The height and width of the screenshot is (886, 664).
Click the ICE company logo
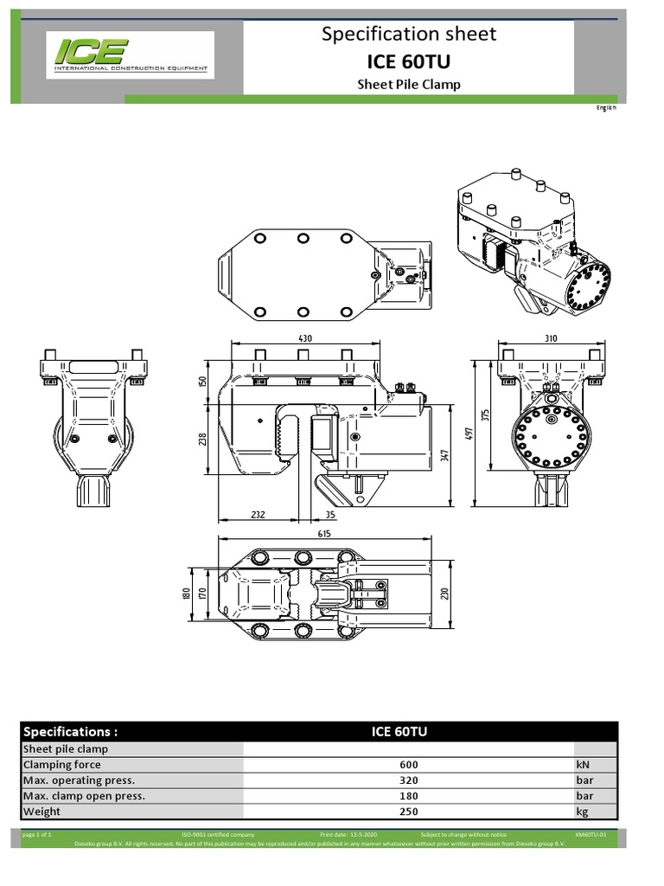click(130, 55)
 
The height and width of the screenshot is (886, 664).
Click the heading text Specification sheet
click(409, 34)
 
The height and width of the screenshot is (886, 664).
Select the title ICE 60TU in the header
click(409, 61)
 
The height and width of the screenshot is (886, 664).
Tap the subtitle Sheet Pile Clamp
click(409, 85)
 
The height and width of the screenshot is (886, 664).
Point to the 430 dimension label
click(303, 338)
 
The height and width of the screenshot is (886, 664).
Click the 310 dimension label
click(551, 338)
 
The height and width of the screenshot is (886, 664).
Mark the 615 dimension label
click(324, 534)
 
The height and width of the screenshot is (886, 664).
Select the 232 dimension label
click(257, 515)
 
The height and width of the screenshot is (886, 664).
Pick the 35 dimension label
click(329, 515)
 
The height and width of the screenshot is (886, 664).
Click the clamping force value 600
click(409, 765)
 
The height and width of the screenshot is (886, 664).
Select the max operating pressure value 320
click(409, 780)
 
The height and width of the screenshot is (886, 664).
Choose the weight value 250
click(409, 812)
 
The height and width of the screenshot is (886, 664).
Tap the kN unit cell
click(582, 765)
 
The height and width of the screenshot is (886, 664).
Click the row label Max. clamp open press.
click(84, 796)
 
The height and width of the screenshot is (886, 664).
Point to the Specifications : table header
click(70, 731)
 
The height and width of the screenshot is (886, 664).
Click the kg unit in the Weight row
click(582, 812)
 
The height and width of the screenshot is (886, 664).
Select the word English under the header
click(606, 107)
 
